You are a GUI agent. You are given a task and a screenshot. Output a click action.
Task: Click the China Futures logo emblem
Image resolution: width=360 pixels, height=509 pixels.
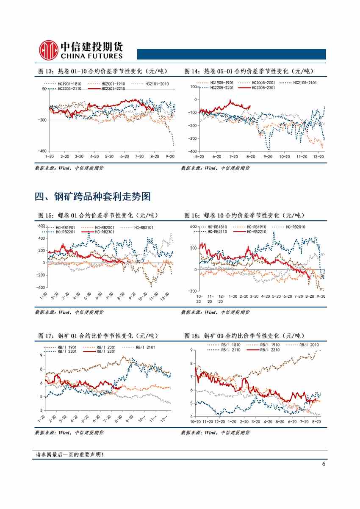coord(47,50)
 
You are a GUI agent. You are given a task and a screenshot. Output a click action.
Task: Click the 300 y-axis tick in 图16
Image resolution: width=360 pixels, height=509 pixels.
coord(193,248)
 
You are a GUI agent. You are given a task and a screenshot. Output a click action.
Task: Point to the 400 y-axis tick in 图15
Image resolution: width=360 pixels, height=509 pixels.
coord(42,238)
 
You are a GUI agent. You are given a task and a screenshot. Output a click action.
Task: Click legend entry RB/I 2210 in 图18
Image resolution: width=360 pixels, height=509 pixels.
coord(270,350)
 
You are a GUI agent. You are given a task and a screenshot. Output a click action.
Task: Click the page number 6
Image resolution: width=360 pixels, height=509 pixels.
coord(324,464)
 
